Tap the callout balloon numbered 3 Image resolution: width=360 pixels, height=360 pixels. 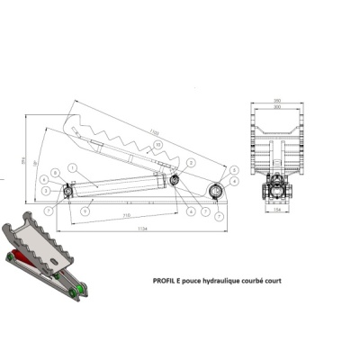(46, 191)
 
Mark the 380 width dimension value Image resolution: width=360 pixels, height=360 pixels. (276, 99)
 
